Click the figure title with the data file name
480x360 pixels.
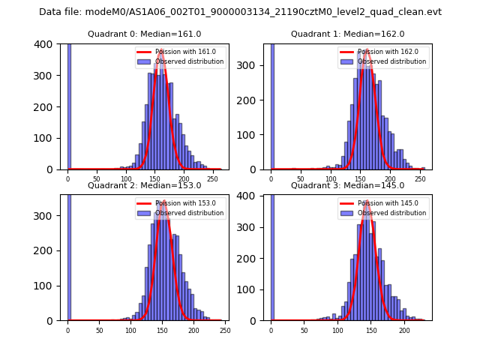(x=240, y=12)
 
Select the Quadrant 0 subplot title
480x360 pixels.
(x=144, y=34)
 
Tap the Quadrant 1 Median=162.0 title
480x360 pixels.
(x=347, y=34)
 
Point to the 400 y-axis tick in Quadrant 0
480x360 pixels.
(x=47, y=44)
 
